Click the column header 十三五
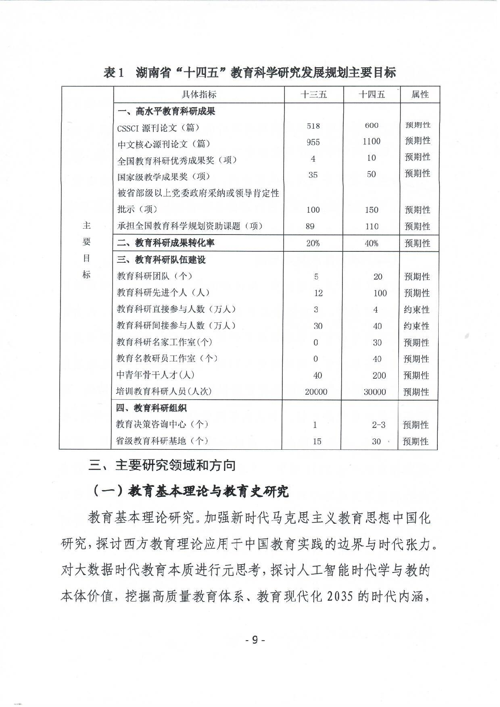coord(313,95)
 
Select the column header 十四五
coord(371,95)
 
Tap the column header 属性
coord(420,95)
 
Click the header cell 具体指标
coord(199,95)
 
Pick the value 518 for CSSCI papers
coord(313,126)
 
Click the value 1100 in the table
coord(371,142)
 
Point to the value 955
coord(313,142)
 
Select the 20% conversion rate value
coord(313,243)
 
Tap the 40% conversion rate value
coord(371,243)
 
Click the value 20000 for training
coord(316,392)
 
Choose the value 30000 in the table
coord(374,392)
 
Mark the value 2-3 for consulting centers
coord(378,425)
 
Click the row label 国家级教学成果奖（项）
coord(164,177)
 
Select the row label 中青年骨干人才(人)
coord(155,375)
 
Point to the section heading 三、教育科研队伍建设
coord(161,260)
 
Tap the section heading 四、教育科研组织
coord(152,408)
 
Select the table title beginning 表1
coord(250,73)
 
